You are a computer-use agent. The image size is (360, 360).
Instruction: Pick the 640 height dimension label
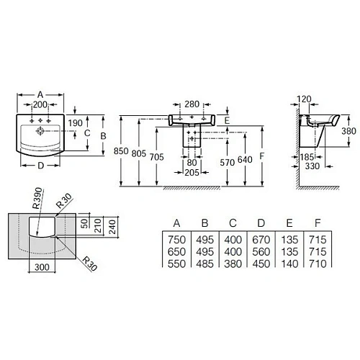[246, 160]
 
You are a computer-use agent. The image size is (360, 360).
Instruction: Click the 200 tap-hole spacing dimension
[41, 105]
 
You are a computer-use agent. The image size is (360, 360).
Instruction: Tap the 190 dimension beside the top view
[74, 123]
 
